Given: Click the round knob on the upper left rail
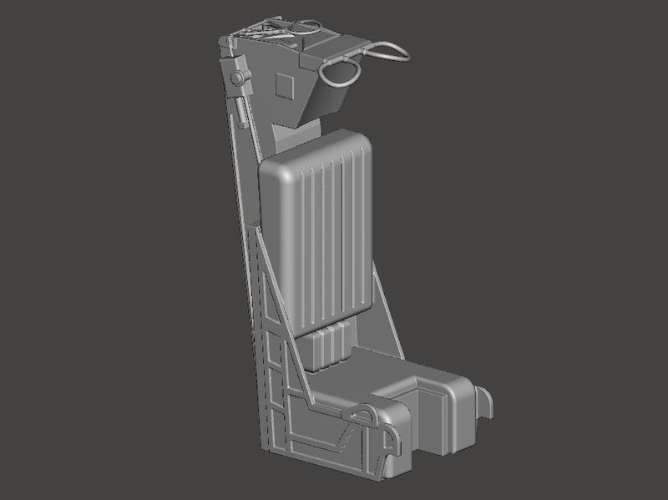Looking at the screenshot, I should (x=238, y=78).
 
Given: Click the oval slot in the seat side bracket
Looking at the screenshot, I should (x=364, y=412).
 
